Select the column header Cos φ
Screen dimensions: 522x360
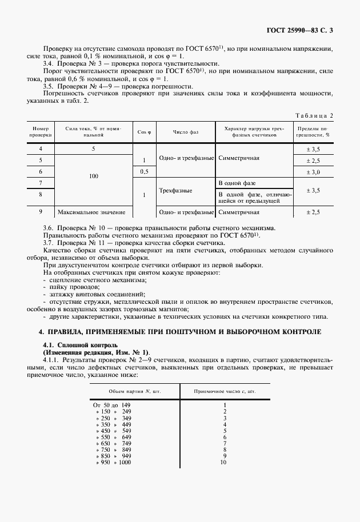point(144,132)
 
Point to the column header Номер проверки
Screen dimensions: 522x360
point(41,132)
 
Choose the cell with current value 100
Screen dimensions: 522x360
point(94,177)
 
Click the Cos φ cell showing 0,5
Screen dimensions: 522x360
point(144,171)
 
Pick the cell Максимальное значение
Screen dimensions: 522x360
point(91,212)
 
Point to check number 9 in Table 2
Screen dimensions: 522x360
point(41,212)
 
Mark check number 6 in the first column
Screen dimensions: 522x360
point(41,171)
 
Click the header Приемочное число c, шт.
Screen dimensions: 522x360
point(225,392)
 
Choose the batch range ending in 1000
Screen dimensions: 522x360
point(113,462)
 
